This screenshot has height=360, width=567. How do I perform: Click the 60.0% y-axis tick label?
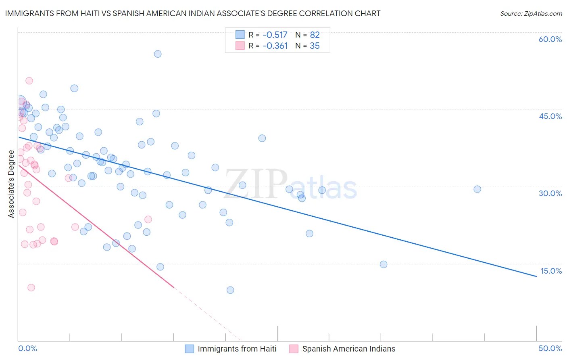click(550, 39)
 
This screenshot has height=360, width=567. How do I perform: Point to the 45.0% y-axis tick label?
click(550, 116)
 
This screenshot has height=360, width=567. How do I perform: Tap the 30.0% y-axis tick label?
click(550, 193)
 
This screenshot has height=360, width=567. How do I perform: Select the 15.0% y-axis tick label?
click(551, 271)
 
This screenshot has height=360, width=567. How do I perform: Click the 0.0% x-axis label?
click(27, 348)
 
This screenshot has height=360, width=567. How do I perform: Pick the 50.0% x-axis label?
click(550, 348)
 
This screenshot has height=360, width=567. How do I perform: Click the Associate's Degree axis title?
click(11, 184)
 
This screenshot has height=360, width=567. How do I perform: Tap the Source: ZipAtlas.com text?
click(531, 14)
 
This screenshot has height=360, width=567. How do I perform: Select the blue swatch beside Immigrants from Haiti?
click(190, 349)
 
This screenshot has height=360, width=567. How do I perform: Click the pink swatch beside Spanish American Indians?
click(294, 349)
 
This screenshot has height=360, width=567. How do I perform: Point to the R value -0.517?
click(275, 35)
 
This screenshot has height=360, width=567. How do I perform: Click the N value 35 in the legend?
click(315, 46)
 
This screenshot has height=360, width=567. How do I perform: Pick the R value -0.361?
click(275, 46)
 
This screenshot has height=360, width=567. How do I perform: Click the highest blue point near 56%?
click(158, 54)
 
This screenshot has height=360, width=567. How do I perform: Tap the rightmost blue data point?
click(477, 189)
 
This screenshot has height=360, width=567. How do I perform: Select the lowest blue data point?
click(230, 290)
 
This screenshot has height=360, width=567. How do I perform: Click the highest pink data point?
click(29, 81)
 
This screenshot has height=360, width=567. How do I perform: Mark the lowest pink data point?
click(31, 288)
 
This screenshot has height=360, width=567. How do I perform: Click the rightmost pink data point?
click(148, 220)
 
